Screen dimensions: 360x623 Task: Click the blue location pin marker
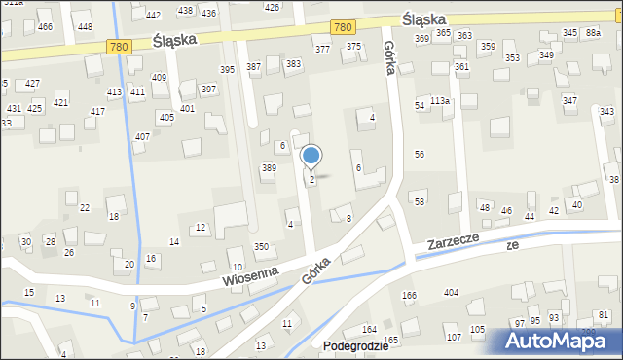click(311, 156)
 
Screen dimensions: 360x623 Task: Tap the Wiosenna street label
click(250, 276)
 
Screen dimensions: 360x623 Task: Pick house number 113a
click(441, 101)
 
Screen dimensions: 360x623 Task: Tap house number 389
click(269, 168)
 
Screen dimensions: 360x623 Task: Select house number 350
click(261, 247)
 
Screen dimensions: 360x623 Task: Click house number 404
click(451, 293)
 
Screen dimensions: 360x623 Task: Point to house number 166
click(410, 295)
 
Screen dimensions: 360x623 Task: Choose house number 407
click(142, 137)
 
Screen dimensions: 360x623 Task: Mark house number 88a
click(593, 33)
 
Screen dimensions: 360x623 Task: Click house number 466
click(45, 26)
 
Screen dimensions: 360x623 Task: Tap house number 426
click(272, 7)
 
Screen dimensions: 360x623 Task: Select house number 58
click(420, 201)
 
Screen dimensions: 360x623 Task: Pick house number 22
click(85, 207)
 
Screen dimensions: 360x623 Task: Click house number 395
click(228, 69)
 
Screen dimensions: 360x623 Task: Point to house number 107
click(453, 337)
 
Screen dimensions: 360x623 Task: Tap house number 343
click(606, 112)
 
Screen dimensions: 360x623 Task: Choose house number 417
click(97, 112)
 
